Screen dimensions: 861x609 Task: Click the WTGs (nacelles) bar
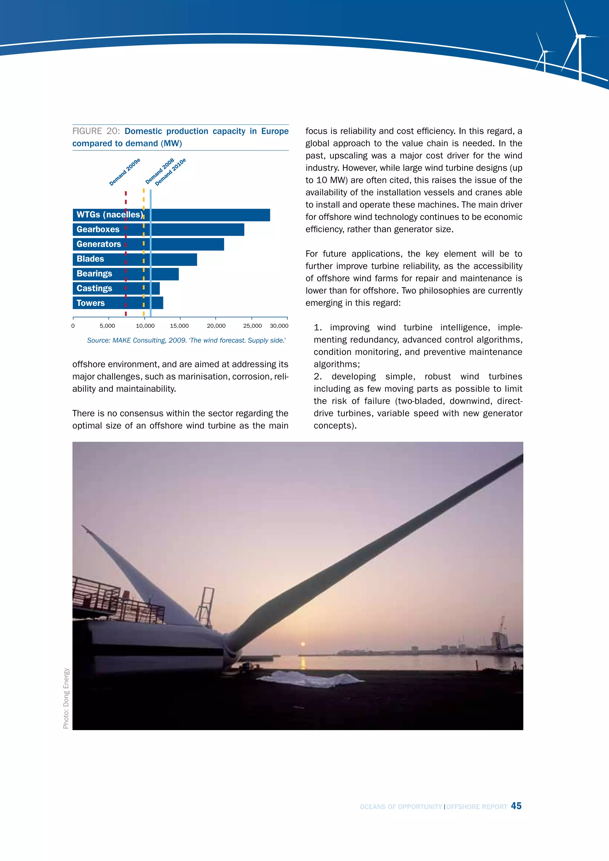(210, 215)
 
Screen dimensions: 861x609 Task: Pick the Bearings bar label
(94, 274)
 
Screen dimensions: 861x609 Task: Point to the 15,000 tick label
(179, 326)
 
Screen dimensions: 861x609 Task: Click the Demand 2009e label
(125, 172)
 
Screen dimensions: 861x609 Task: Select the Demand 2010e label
(171, 172)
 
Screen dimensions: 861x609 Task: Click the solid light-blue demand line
(150, 255)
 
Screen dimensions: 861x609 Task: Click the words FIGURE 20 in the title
(96, 131)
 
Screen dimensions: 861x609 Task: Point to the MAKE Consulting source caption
(186, 340)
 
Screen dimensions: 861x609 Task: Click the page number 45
(516, 806)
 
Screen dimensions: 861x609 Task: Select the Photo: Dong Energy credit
(66, 698)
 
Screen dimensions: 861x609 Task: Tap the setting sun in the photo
(303, 644)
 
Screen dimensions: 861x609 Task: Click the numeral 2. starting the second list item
(318, 376)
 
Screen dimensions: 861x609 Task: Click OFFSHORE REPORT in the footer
(477, 807)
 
